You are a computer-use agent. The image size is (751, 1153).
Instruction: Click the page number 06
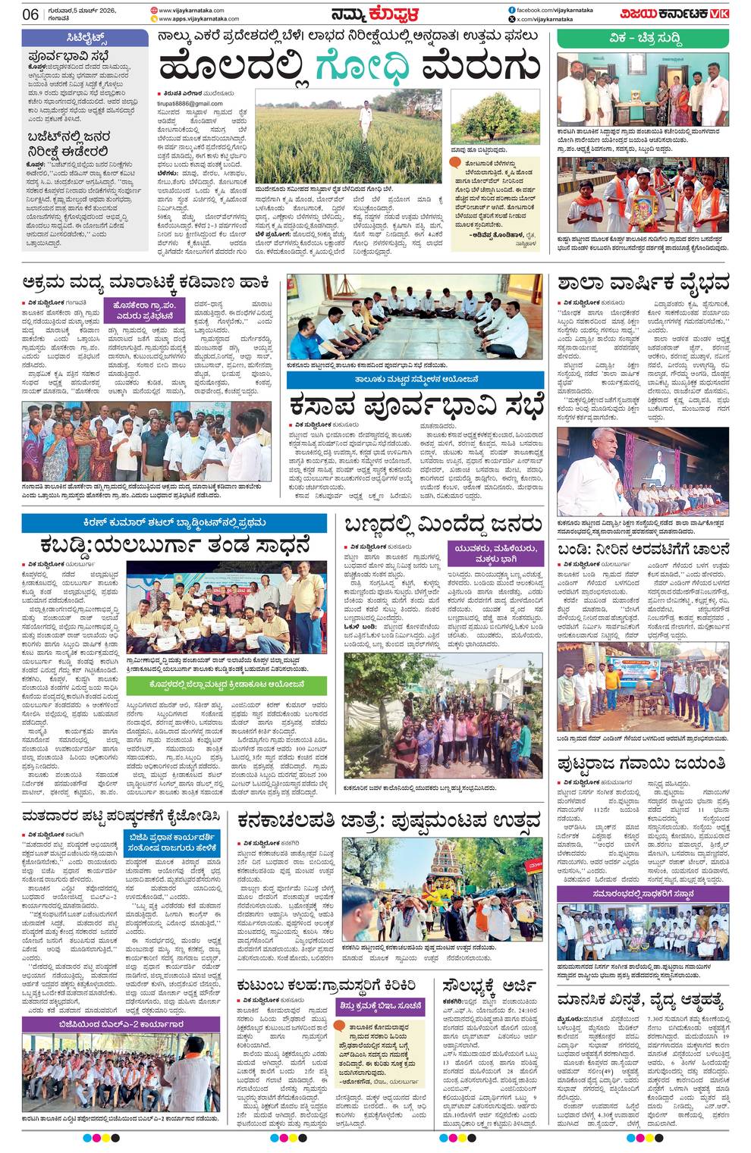point(31,14)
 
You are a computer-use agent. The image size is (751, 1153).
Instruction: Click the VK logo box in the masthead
point(719,14)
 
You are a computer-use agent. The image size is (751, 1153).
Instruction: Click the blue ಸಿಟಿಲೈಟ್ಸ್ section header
point(86,37)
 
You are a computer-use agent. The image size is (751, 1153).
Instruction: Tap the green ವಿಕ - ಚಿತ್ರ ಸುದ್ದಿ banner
point(643,37)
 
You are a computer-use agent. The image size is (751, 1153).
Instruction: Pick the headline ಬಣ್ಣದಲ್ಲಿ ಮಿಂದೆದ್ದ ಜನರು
point(443,525)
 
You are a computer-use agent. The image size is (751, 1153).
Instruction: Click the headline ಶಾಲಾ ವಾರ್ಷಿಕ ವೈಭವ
point(643,284)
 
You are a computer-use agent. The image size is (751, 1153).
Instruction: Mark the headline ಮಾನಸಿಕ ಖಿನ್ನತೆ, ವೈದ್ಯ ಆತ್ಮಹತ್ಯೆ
point(642,998)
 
